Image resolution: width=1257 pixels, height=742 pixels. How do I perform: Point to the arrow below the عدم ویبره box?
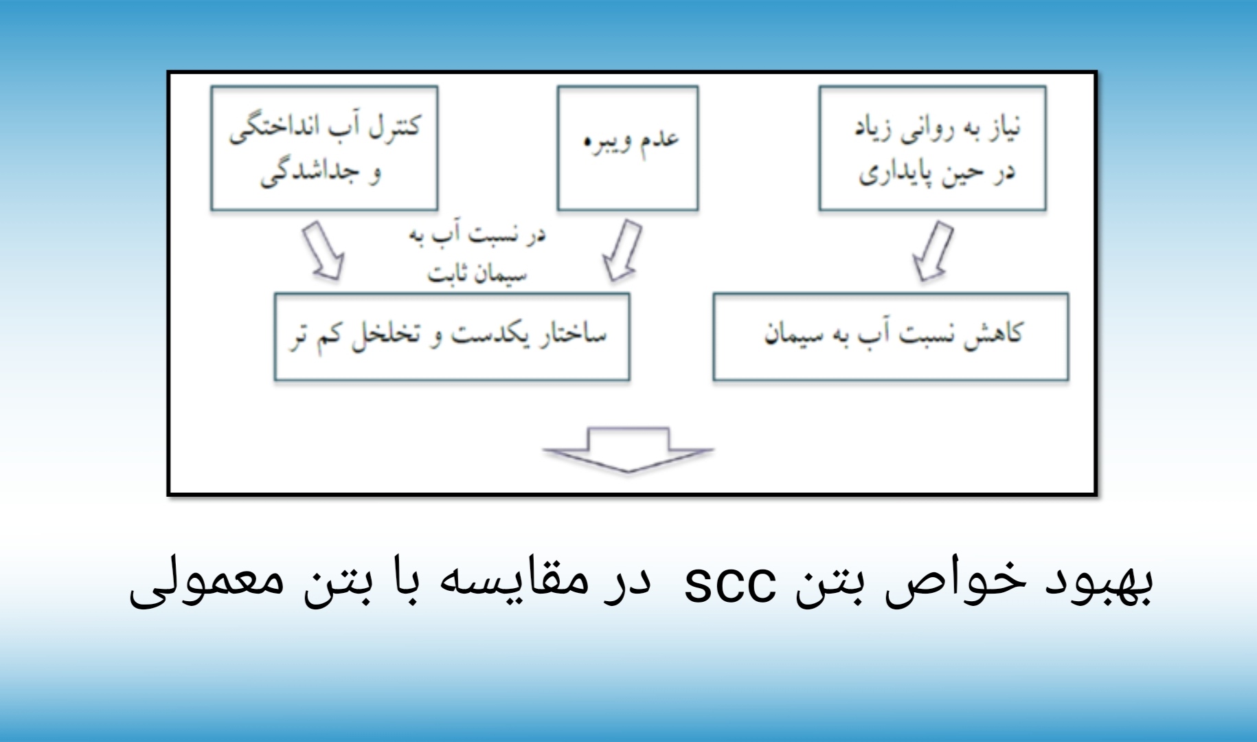tap(622, 250)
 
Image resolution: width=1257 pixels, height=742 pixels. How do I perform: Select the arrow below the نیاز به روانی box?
tap(933, 251)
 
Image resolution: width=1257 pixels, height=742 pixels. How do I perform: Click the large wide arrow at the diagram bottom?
tap(628, 450)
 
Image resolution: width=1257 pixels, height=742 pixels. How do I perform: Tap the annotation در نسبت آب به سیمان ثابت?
tap(477, 254)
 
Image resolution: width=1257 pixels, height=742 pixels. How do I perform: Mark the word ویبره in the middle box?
tap(604, 144)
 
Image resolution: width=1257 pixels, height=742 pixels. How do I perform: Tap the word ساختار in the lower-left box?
tap(573, 335)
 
